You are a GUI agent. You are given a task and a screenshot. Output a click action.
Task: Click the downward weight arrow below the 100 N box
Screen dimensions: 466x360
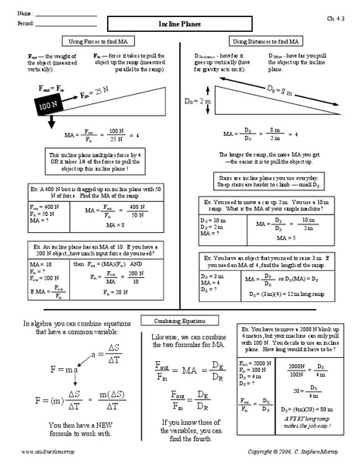pyautogui.click(x=50, y=121)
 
